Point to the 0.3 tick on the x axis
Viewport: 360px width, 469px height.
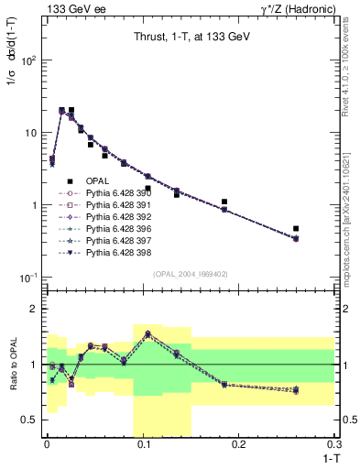tap(335, 444)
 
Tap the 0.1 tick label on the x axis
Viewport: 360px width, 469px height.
tap(143, 444)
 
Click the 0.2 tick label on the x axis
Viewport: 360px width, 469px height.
tap(239, 444)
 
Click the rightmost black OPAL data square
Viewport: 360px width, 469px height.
tap(296, 228)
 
